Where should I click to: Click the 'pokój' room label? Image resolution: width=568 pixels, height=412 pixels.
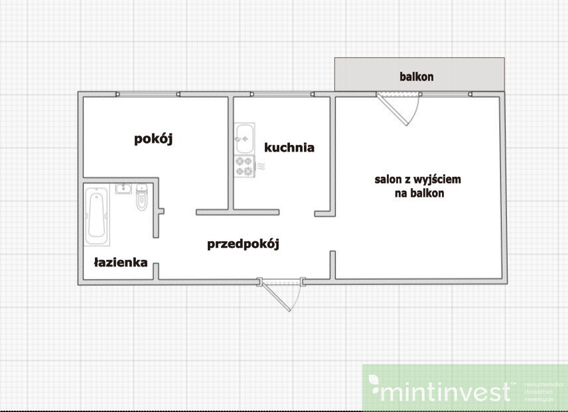[x=153, y=139]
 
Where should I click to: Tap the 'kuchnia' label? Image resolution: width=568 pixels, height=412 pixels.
[x=289, y=148]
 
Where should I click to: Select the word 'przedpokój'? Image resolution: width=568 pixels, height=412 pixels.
[x=243, y=244]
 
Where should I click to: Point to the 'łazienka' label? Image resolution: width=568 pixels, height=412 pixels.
[x=120, y=262]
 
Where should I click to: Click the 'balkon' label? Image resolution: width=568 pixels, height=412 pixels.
[x=416, y=76]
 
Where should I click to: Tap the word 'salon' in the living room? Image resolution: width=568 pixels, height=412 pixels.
[x=388, y=179]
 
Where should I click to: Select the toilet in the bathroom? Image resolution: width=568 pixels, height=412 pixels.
[x=141, y=199]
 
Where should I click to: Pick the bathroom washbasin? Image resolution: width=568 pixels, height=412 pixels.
[x=123, y=189]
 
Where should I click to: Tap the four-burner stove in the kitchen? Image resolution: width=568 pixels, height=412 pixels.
[x=244, y=166]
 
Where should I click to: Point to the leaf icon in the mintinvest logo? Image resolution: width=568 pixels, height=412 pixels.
[x=374, y=384]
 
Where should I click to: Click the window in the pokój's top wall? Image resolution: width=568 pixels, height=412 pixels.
[x=147, y=94]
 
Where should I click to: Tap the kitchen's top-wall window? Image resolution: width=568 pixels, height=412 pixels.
[x=283, y=94]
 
